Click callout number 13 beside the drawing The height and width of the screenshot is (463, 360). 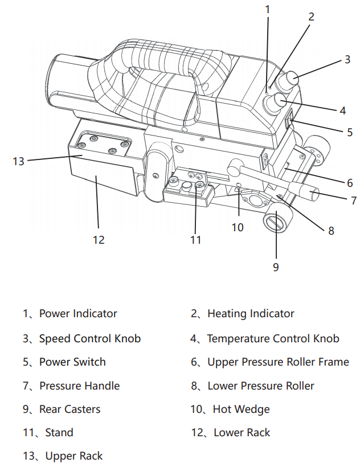coord(19,161)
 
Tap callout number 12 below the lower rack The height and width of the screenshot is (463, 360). coord(99,240)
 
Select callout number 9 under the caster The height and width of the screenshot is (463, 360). coord(276,267)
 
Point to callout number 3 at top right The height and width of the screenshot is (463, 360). coord(347,60)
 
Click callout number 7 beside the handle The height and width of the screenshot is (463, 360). coord(353,200)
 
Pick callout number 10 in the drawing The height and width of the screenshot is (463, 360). coord(237,227)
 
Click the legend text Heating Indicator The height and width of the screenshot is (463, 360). coord(251,314)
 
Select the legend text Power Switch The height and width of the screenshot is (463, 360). coord(72,362)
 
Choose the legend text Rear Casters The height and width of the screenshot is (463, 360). coord(69,409)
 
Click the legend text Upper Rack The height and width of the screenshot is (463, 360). coord(74,456)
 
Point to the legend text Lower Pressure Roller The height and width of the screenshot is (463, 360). coord(260,386)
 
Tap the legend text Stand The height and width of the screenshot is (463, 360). coord(59,433)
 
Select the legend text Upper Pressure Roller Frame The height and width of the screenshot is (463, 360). coord(278,362)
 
